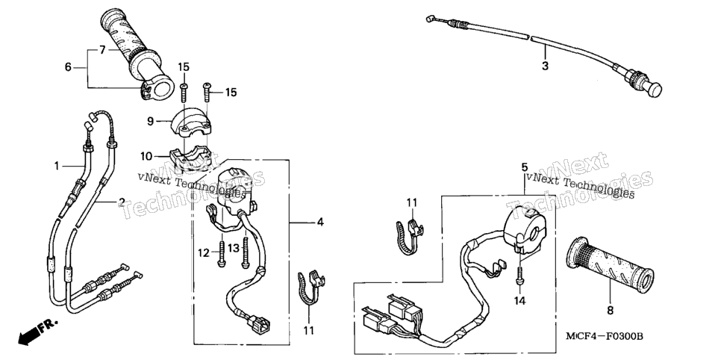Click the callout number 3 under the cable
[545, 66]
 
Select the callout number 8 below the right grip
[611, 311]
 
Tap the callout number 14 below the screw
[519, 301]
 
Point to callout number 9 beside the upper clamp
[150, 122]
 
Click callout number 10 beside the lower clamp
[146, 157]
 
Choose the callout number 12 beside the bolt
[204, 252]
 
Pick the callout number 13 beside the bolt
[234, 249]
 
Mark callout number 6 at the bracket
[68, 68]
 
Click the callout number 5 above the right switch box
[524, 167]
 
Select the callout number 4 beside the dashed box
[320, 223]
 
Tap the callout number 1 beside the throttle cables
[57, 166]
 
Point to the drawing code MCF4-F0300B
[605, 337]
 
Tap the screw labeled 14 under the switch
[519, 274]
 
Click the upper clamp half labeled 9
[190, 123]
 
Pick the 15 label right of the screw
[231, 93]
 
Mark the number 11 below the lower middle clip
[308, 330]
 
